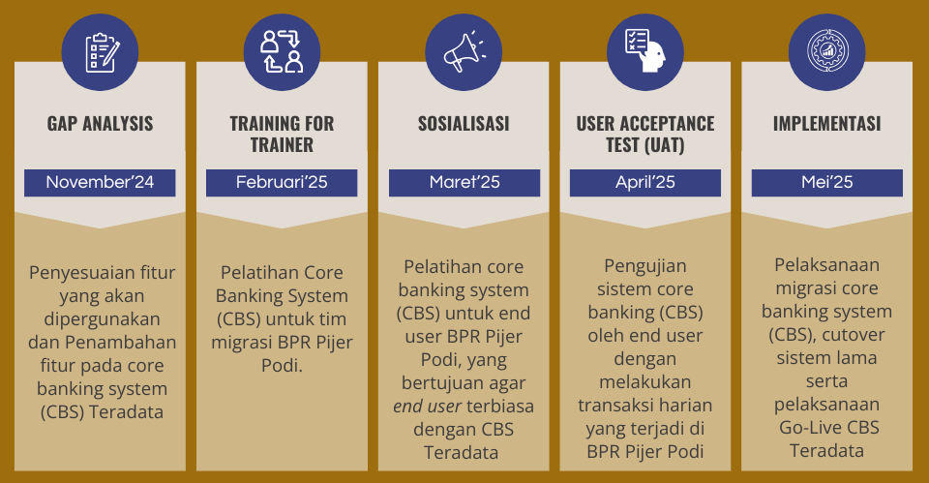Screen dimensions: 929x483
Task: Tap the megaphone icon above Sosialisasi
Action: point(464,52)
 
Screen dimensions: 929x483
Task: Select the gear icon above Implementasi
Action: point(827,52)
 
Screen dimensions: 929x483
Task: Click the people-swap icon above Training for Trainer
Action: point(282,52)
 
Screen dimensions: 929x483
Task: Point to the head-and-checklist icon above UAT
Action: point(645,51)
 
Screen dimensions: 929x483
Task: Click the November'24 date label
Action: point(100,182)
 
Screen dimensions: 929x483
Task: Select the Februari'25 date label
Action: point(282,182)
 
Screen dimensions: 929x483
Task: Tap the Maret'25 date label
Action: point(464,182)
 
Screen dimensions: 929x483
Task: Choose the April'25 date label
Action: point(645,182)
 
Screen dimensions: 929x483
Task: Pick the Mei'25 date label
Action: point(827,182)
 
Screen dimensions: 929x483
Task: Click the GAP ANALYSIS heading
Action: point(100,123)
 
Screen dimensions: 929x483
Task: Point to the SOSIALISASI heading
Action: point(464,123)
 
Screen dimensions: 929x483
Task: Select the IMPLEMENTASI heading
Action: point(827,123)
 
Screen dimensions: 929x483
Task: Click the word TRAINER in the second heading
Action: point(282,144)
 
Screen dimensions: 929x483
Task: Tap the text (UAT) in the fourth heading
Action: point(663,145)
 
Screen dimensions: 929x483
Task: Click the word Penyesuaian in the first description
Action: point(74,273)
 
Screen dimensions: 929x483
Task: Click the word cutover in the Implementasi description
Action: point(854,335)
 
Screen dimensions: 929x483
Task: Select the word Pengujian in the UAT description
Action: point(645,267)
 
